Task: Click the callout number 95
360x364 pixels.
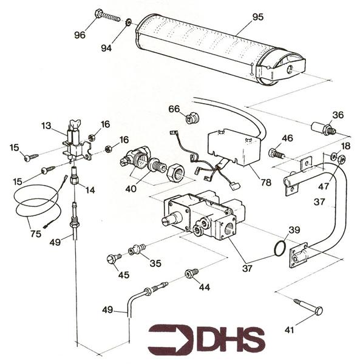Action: point(258,16)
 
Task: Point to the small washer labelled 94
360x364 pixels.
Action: point(128,23)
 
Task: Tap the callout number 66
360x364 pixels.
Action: point(174,109)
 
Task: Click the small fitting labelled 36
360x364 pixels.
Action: point(321,128)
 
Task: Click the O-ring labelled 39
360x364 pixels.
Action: point(280,248)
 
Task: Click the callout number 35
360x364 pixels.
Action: point(156,263)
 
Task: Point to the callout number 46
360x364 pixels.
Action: point(287,138)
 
